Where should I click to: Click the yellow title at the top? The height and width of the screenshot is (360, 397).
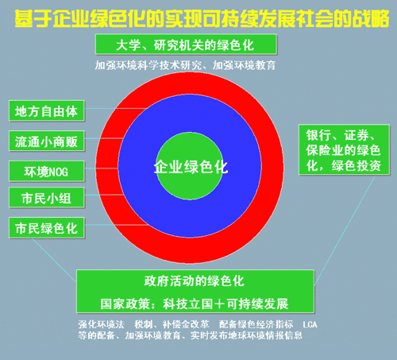(202, 18)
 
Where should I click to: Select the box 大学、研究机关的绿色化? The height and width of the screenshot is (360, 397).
(186, 45)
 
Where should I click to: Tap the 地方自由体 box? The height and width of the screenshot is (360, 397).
(47, 111)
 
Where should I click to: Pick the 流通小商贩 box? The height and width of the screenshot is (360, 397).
(47, 141)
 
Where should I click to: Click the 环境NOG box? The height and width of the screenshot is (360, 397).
(47, 172)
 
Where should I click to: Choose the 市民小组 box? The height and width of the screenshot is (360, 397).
(47, 198)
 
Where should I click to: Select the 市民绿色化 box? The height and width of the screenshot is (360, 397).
(47, 228)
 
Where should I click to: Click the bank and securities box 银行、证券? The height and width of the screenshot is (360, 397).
(344, 149)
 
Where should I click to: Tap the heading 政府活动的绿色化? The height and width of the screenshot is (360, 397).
(194, 281)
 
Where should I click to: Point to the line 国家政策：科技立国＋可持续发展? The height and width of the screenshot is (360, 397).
(194, 304)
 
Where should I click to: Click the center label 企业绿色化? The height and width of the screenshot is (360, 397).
(191, 167)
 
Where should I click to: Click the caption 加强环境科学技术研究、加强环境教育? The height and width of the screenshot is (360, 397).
(185, 65)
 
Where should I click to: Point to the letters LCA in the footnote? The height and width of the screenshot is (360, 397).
(310, 324)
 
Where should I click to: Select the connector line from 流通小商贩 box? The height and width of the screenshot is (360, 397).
(104, 138)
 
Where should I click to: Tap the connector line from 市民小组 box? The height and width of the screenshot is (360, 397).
(104, 195)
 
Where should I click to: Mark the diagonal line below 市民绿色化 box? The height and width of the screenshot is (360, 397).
(54, 260)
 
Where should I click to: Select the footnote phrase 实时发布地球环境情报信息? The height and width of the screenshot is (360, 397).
(246, 335)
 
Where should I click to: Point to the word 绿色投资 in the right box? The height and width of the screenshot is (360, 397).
(357, 166)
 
